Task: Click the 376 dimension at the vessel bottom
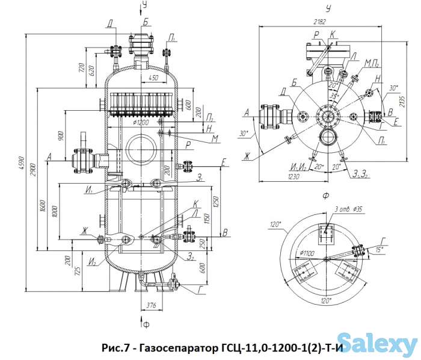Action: pyautogui.click(x=152, y=305)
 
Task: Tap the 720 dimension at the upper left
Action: pyautogui.click(x=81, y=69)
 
